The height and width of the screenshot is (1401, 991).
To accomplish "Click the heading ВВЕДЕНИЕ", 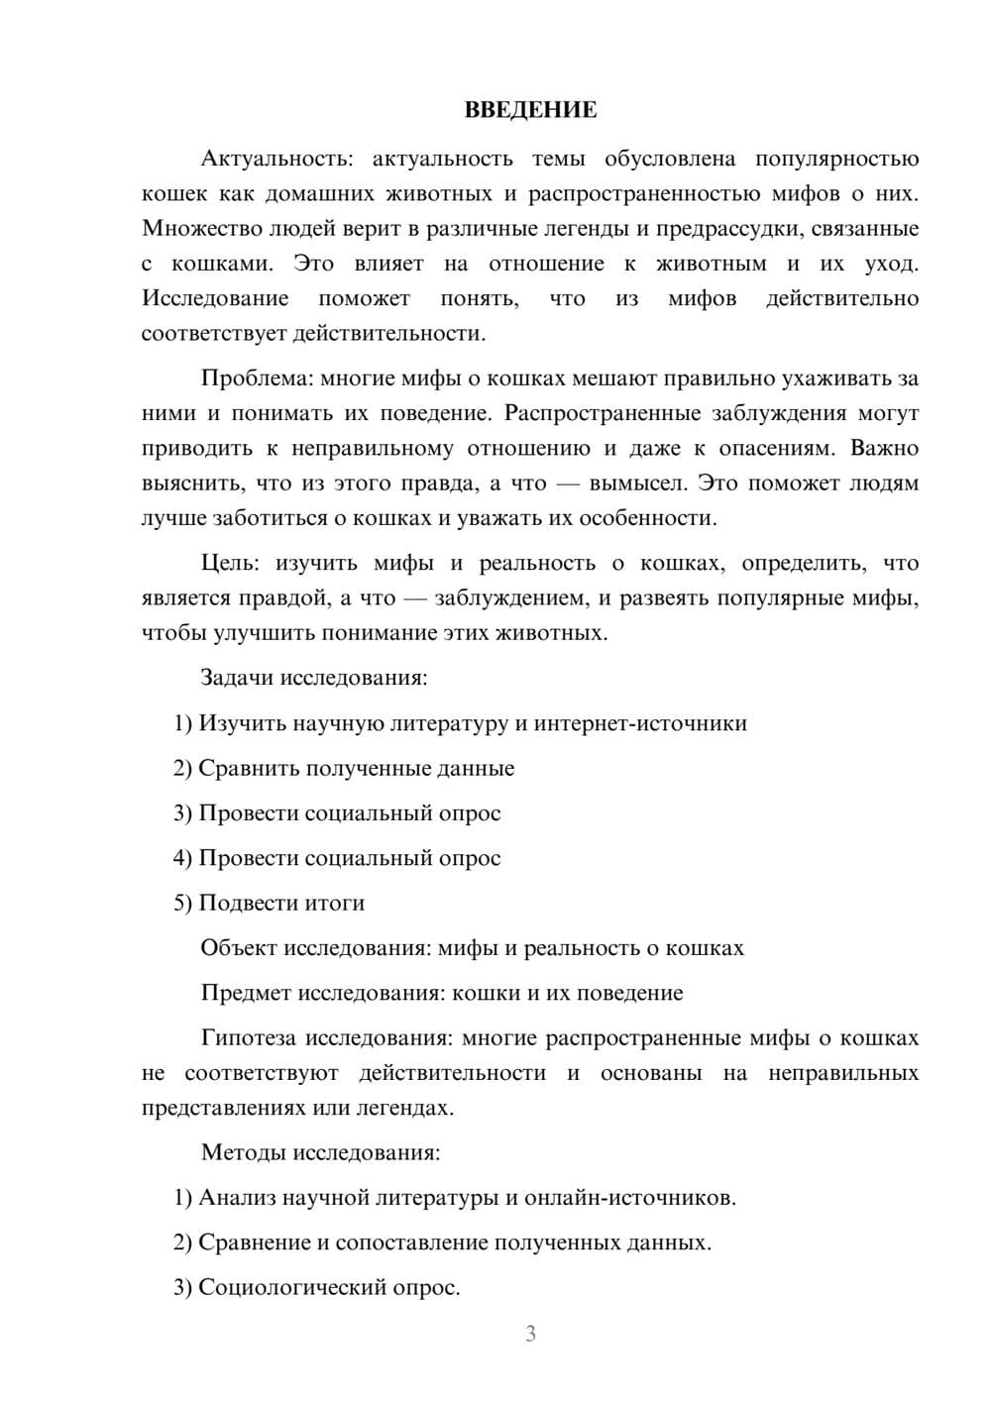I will (x=530, y=110).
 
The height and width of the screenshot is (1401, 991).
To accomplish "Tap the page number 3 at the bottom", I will (x=530, y=1334).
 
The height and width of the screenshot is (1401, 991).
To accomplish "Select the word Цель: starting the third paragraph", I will (x=230, y=564).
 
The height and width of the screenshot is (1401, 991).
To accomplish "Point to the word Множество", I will (x=201, y=229).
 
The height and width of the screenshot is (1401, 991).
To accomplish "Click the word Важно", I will (x=884, y=449).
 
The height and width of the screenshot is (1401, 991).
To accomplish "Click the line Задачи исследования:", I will (x=314, y=678).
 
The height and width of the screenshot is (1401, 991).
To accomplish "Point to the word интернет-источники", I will (x=640, y=723).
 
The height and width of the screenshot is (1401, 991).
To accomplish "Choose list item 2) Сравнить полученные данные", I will (x=344, y=769).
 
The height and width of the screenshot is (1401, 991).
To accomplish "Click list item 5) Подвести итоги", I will (x=269, y=904).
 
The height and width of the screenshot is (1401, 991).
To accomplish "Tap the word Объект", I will (x=239, y=948).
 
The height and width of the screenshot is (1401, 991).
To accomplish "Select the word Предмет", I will (x=246, y=993).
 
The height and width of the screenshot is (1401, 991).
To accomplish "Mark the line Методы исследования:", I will (x=320, y=1152).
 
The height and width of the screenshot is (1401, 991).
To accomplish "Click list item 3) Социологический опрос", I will (x=316, y=1288).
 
